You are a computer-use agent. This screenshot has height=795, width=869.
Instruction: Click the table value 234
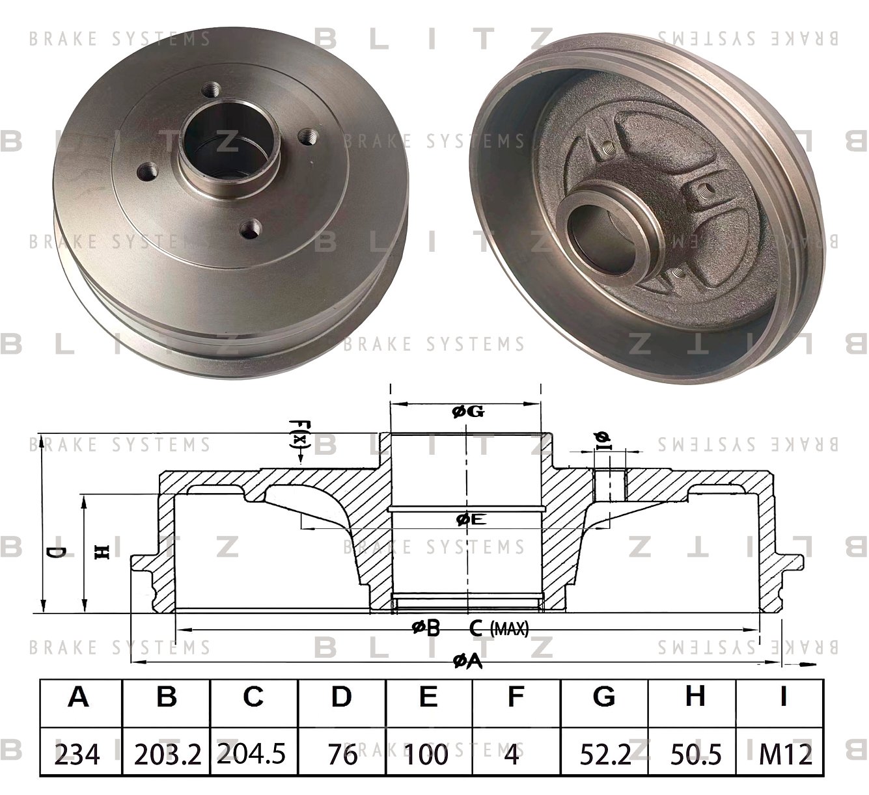[x=78, y=754]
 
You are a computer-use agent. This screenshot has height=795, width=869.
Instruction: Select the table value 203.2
[x=167, y=754]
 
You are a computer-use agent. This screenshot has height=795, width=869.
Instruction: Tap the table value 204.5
[x=253, y=754]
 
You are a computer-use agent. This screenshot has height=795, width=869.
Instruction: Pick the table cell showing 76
[x=341, y=754]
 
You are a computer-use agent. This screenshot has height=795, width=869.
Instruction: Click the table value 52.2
[x=604, y=754]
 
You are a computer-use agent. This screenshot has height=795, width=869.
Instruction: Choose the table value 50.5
[x=694, y=754]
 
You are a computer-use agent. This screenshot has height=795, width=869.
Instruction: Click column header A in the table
[x=78, y=697]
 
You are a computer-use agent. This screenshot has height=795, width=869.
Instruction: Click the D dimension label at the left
[x=57, y=553]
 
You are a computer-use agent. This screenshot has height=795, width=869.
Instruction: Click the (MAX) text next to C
[x=508, y=628]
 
